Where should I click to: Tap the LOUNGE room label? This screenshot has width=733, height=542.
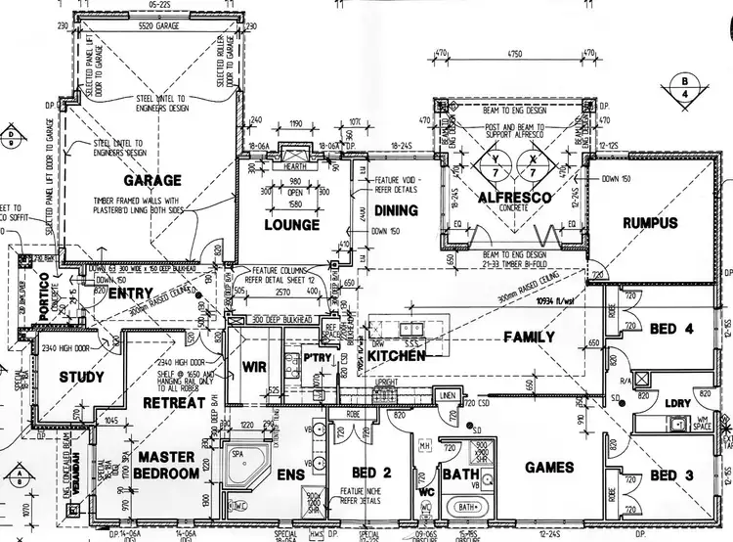(292, 225)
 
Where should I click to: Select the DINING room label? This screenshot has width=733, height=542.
(396, 209)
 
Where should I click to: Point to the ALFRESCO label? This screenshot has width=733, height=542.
(514, 198)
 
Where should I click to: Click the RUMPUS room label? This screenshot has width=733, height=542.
(650, 223)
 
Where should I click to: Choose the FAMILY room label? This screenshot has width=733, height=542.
(529, 337)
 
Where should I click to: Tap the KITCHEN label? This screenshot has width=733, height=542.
(396, 357)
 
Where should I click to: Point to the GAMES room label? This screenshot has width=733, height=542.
(549, 468)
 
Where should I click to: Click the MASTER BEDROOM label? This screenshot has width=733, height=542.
(168, 466)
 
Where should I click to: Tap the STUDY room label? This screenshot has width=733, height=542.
(81, 378)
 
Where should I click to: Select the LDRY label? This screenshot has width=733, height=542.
(676, 402)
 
